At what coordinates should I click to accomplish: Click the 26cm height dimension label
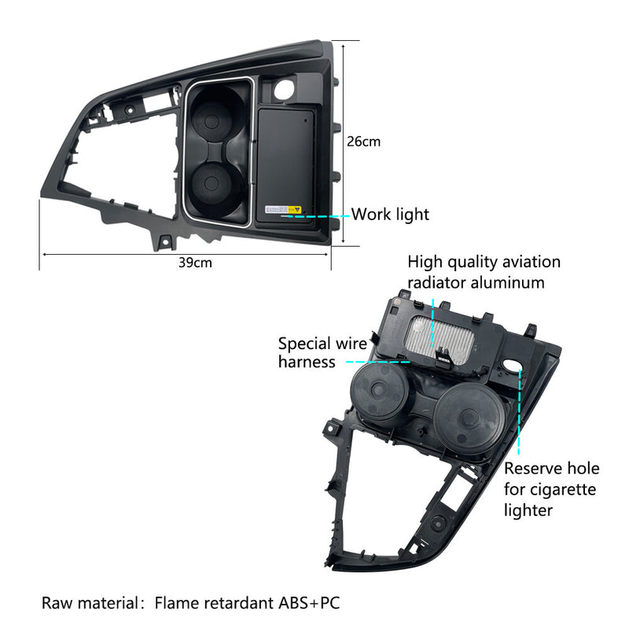pos(363,142)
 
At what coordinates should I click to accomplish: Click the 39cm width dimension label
pos(195,263)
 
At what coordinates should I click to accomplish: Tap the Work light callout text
pos(390,214)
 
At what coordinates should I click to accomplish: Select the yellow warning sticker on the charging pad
pos(295,209)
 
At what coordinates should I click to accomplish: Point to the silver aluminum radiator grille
pos(440,340)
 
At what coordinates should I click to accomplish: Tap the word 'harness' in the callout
pos(307,362)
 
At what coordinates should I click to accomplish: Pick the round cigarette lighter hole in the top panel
pos(285,90)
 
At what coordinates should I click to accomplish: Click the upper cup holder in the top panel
pos(212,120)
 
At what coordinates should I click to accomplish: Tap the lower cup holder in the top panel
pos(212,183)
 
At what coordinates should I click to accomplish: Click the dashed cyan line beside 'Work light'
pos(316,216)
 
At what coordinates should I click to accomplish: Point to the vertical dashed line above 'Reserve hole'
pos(519,411)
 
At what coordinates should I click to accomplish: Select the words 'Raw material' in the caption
pos(90,603)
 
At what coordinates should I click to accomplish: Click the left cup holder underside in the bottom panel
pos(379,389)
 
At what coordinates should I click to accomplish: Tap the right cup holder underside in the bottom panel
pos(468,417)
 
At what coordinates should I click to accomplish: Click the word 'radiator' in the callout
pos(436,283)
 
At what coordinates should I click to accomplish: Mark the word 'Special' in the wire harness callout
pos(304,344)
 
